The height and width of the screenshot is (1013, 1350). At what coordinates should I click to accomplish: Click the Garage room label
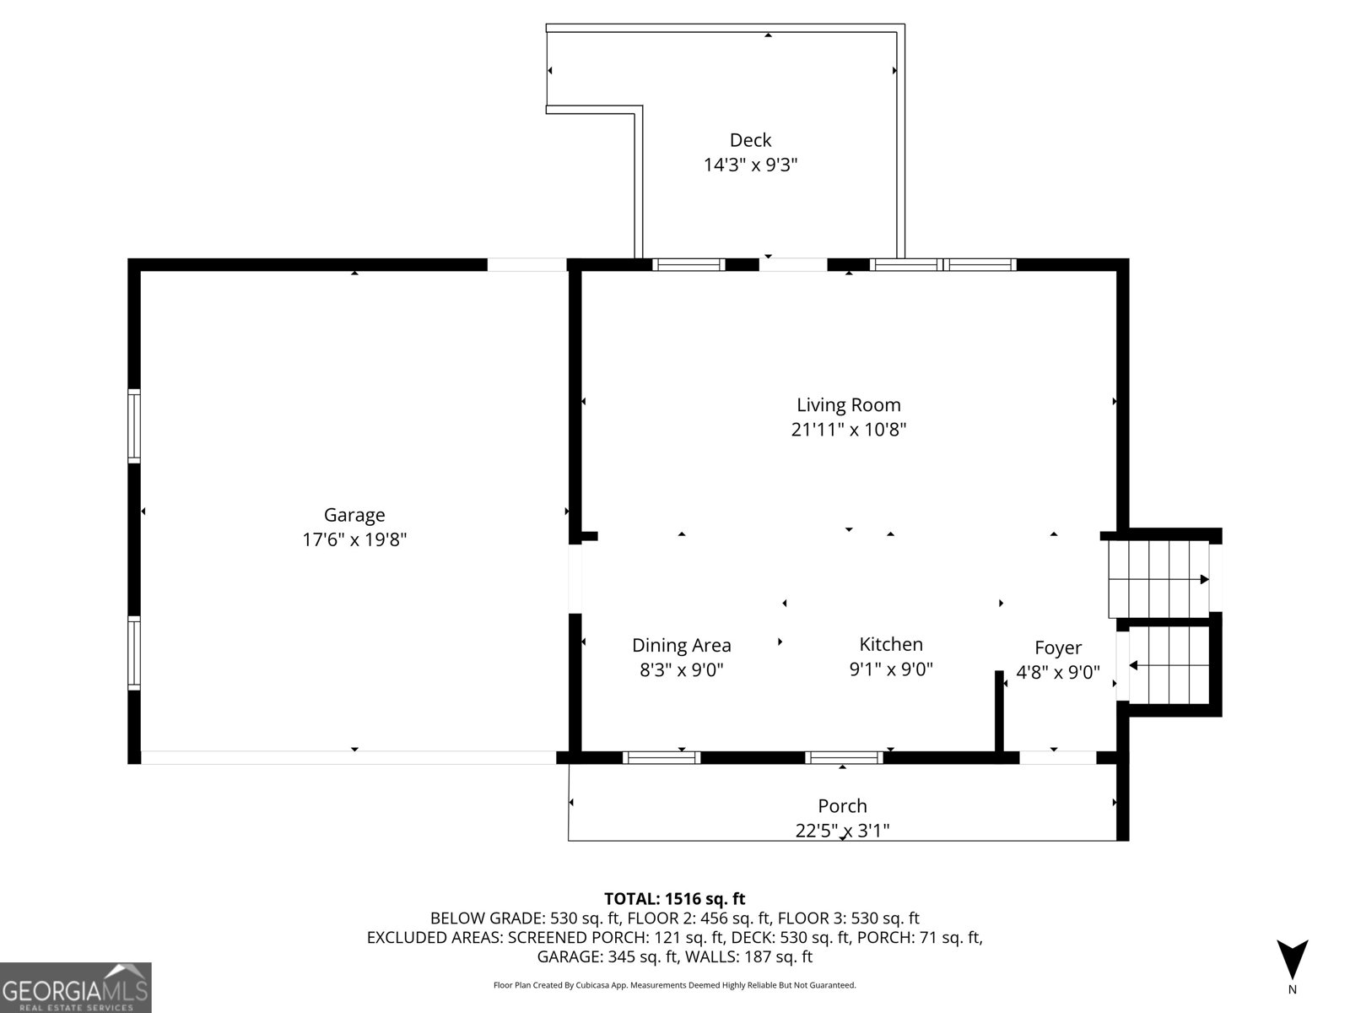coord(354,515)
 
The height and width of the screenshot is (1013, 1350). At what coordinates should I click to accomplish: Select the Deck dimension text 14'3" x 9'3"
coord(750,165)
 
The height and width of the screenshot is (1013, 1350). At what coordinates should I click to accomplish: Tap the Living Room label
coord(849,405)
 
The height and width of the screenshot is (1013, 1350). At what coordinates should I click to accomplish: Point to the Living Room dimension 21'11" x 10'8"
coord(849,430)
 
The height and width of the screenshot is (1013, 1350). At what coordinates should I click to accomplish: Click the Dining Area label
coord(681,646)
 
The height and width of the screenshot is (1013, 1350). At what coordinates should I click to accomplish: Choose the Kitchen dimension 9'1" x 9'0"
coord(890,669)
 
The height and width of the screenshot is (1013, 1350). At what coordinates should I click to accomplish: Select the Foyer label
coord(1058,647)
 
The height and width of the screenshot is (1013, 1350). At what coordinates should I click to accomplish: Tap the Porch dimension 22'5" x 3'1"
coord(842,831)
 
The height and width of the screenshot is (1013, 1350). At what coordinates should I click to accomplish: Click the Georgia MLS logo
coord(76,987)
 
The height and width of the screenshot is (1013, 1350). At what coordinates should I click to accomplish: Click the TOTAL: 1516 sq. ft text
coord(674,898)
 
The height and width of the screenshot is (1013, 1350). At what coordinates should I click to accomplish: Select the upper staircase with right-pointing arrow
coord(1159,579)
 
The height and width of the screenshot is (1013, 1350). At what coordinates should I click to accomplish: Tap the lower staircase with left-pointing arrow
coord(1169,665)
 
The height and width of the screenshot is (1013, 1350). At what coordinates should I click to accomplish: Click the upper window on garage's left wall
coord(134,425)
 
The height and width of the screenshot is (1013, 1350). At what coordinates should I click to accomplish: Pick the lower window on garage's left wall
coord(134,653)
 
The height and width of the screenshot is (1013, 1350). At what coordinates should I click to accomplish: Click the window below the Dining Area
coord(661,757)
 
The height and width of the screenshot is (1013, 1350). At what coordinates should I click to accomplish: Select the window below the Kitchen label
coord(845,757)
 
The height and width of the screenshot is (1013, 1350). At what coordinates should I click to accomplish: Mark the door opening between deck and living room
coord(793,264)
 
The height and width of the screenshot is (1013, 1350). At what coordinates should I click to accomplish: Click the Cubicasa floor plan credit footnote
coord(674,985)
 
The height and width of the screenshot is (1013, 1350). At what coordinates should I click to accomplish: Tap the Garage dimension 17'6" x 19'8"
coord(354,539)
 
